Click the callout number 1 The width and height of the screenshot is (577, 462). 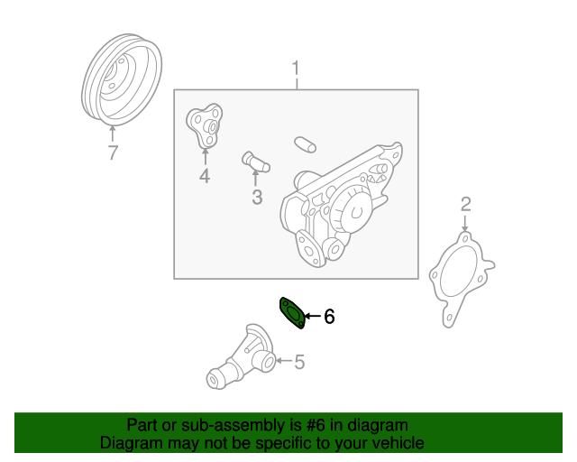[x=296, y=69]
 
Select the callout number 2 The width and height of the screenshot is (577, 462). [x=465, y=205]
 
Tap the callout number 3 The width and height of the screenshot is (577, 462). [x=257, y=197]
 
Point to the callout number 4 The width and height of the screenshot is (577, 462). [x=205, y=176]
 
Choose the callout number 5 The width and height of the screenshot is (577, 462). [x=299, y=362]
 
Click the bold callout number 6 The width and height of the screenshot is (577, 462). [x=329, y=317]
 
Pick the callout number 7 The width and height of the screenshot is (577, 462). [x=113, y=152]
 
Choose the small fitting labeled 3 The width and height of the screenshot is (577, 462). [x=256, y=163]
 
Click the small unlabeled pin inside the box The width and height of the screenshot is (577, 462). [x=305, y=144]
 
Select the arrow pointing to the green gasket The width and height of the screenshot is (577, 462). [x=313, y=316]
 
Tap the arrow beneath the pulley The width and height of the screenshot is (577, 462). [x=112, y=134]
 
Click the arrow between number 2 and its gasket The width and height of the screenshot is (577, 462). [x=465, y=223]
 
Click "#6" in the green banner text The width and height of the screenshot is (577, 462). [x=316, y=425]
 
